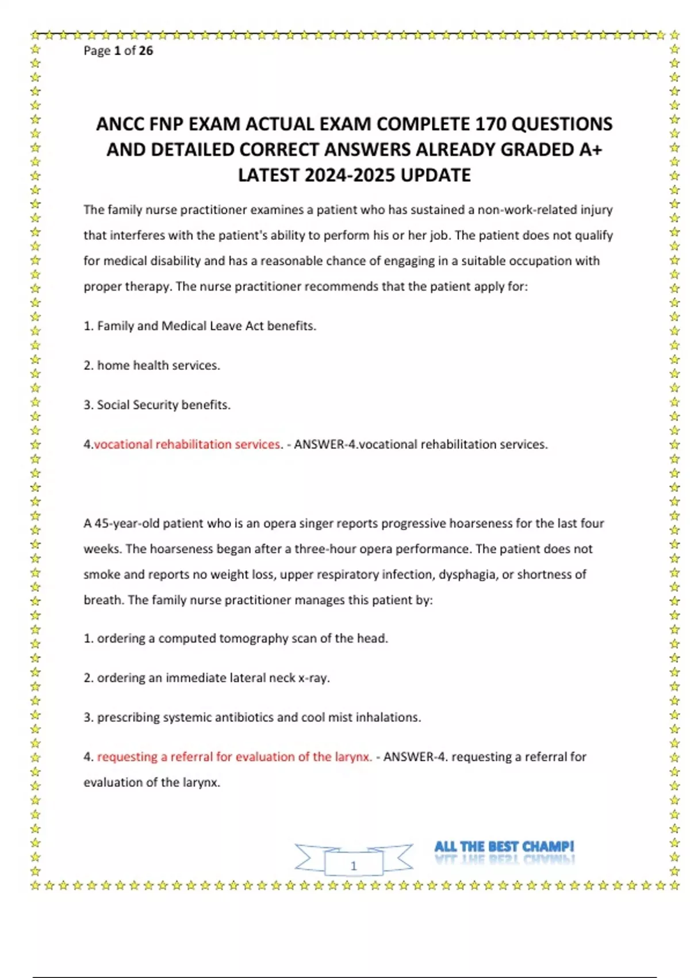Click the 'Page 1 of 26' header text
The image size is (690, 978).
118,51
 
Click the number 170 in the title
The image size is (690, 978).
490,124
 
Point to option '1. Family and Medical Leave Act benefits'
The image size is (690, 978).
200,326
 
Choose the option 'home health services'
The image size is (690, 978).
158,365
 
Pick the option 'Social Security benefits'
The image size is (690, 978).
163,405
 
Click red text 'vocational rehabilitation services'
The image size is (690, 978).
187,445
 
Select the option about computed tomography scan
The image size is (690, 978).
236,639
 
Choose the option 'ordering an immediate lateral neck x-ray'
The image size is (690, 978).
206,678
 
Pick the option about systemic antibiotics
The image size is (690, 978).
252,717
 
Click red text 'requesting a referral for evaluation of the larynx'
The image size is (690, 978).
234,757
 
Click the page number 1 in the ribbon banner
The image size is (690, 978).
354,865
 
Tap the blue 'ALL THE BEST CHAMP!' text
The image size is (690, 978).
504,847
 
